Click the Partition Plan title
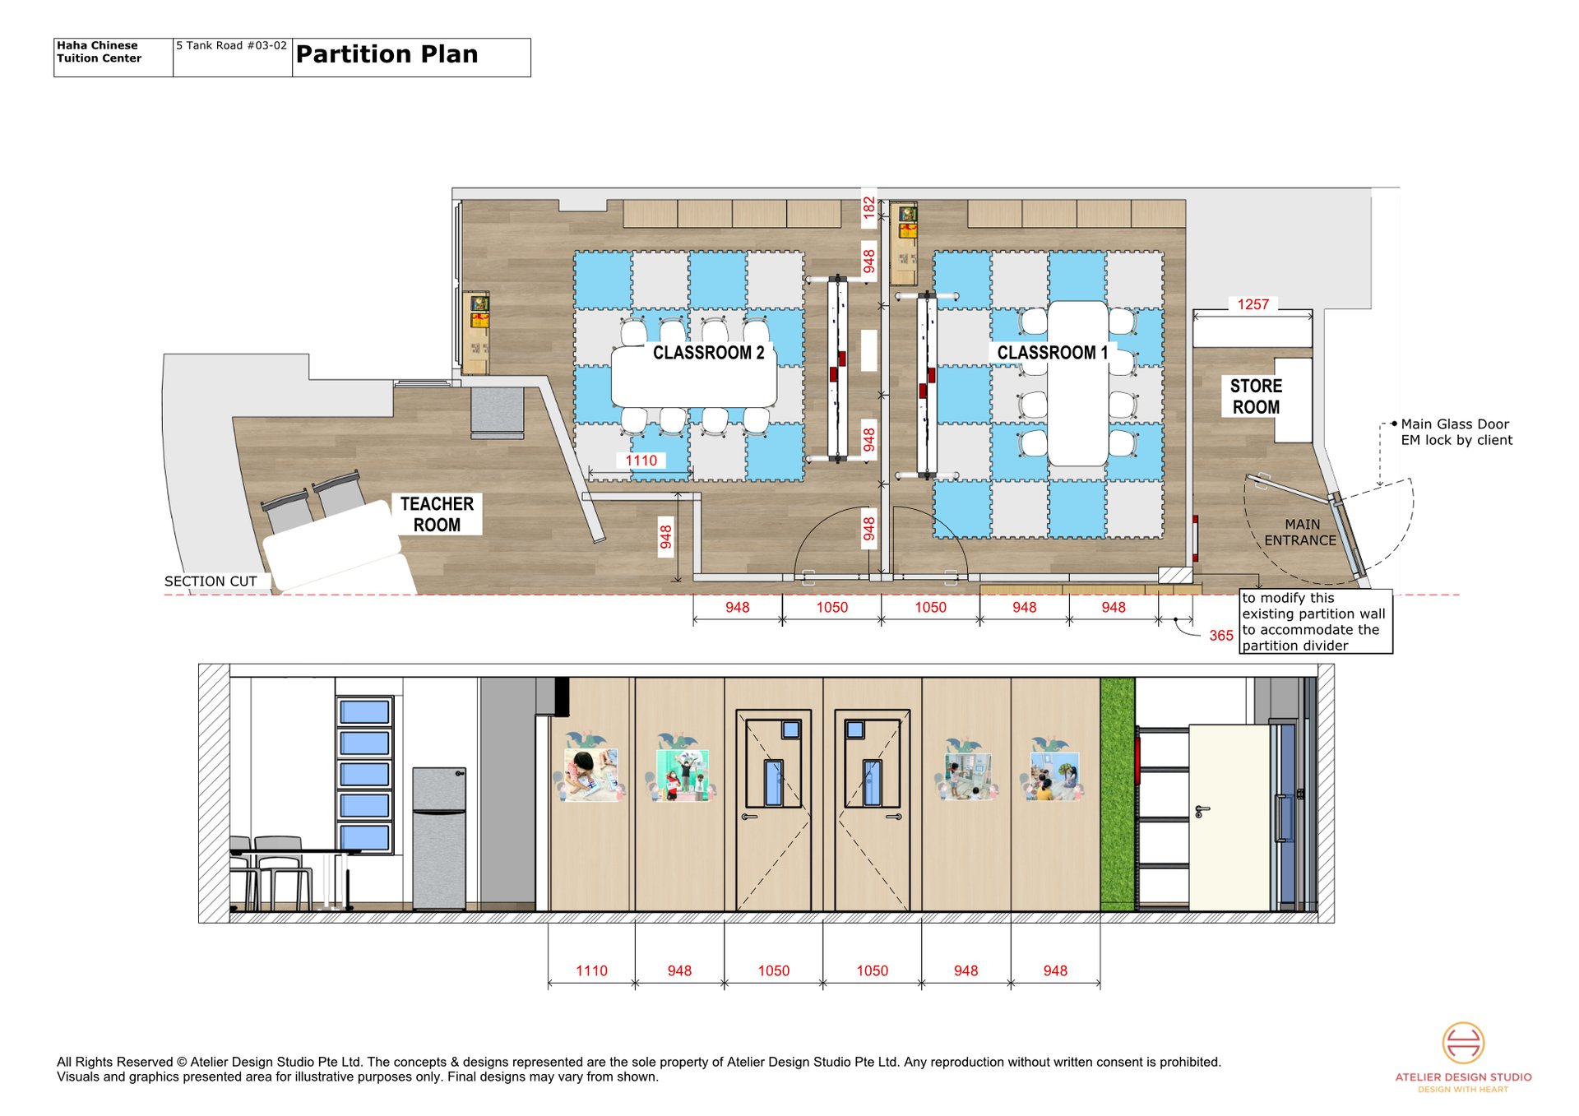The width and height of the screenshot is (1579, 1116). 387,54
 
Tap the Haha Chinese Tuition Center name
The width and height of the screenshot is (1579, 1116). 99,52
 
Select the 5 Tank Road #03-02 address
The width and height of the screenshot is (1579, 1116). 231,45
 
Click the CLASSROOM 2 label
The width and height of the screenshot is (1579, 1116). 708,353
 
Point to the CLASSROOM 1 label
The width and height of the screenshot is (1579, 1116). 1053,353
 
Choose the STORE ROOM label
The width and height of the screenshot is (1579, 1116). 1256,396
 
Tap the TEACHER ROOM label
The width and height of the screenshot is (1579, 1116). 437,514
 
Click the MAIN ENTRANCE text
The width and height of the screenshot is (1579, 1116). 1300,532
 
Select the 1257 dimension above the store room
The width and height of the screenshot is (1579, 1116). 1253,304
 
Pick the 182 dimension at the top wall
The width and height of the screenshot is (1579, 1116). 868,207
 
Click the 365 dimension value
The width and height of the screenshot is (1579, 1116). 1221,636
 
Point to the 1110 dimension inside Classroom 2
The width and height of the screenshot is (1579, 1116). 641,461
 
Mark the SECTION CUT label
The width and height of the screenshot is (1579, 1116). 211,581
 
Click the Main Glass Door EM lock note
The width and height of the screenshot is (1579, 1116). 1456,432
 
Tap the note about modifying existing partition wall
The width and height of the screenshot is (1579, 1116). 1313,622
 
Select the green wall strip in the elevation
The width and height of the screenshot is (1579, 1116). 1118,794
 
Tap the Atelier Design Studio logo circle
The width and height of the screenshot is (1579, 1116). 1463,1043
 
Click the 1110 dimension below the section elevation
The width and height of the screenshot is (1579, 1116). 591,970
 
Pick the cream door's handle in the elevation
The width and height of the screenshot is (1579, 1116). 1202,812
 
